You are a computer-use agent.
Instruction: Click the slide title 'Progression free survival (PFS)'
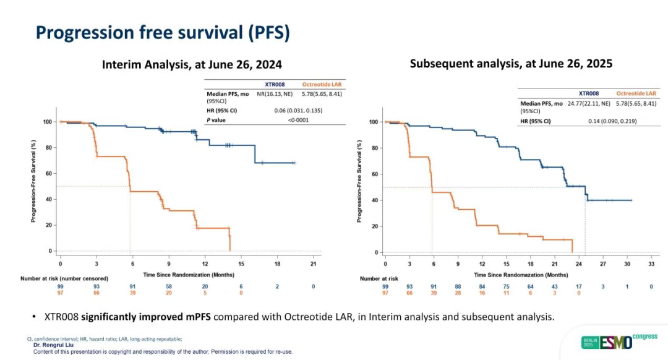[x=163, y=32]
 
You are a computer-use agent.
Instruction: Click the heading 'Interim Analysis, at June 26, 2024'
[x=192, y=64]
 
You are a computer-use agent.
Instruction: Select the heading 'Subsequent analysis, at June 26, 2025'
[x=511, y=63]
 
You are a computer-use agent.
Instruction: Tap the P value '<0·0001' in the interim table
[x=299, y=120]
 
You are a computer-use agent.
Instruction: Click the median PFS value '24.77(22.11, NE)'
[x=588, y=103]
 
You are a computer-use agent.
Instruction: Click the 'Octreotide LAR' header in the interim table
[x=322, y=84]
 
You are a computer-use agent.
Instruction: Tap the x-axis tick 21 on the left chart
[x=314, y=264]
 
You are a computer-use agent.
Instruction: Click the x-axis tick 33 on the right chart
[x=651, y=264]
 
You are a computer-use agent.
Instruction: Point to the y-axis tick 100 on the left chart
[x=47, y=122]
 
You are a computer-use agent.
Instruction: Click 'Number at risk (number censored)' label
[x=64, y=279]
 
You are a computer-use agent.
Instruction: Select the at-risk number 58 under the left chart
[x=169, y=286]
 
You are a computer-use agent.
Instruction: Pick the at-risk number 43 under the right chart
[x=554, y=286]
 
